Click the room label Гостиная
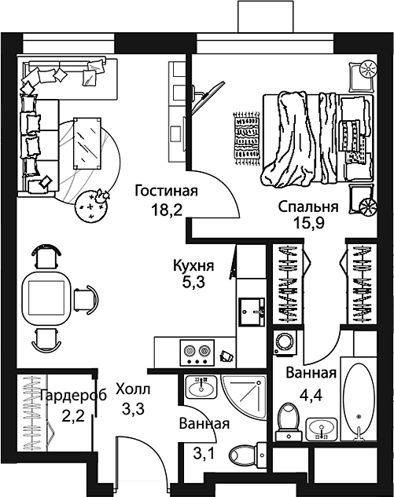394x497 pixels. click(165, 191)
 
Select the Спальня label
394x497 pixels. click(308, 207)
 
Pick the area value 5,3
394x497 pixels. click(194, 284)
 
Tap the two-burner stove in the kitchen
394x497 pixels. click(195, 352)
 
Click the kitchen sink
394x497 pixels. click(253, 310)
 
